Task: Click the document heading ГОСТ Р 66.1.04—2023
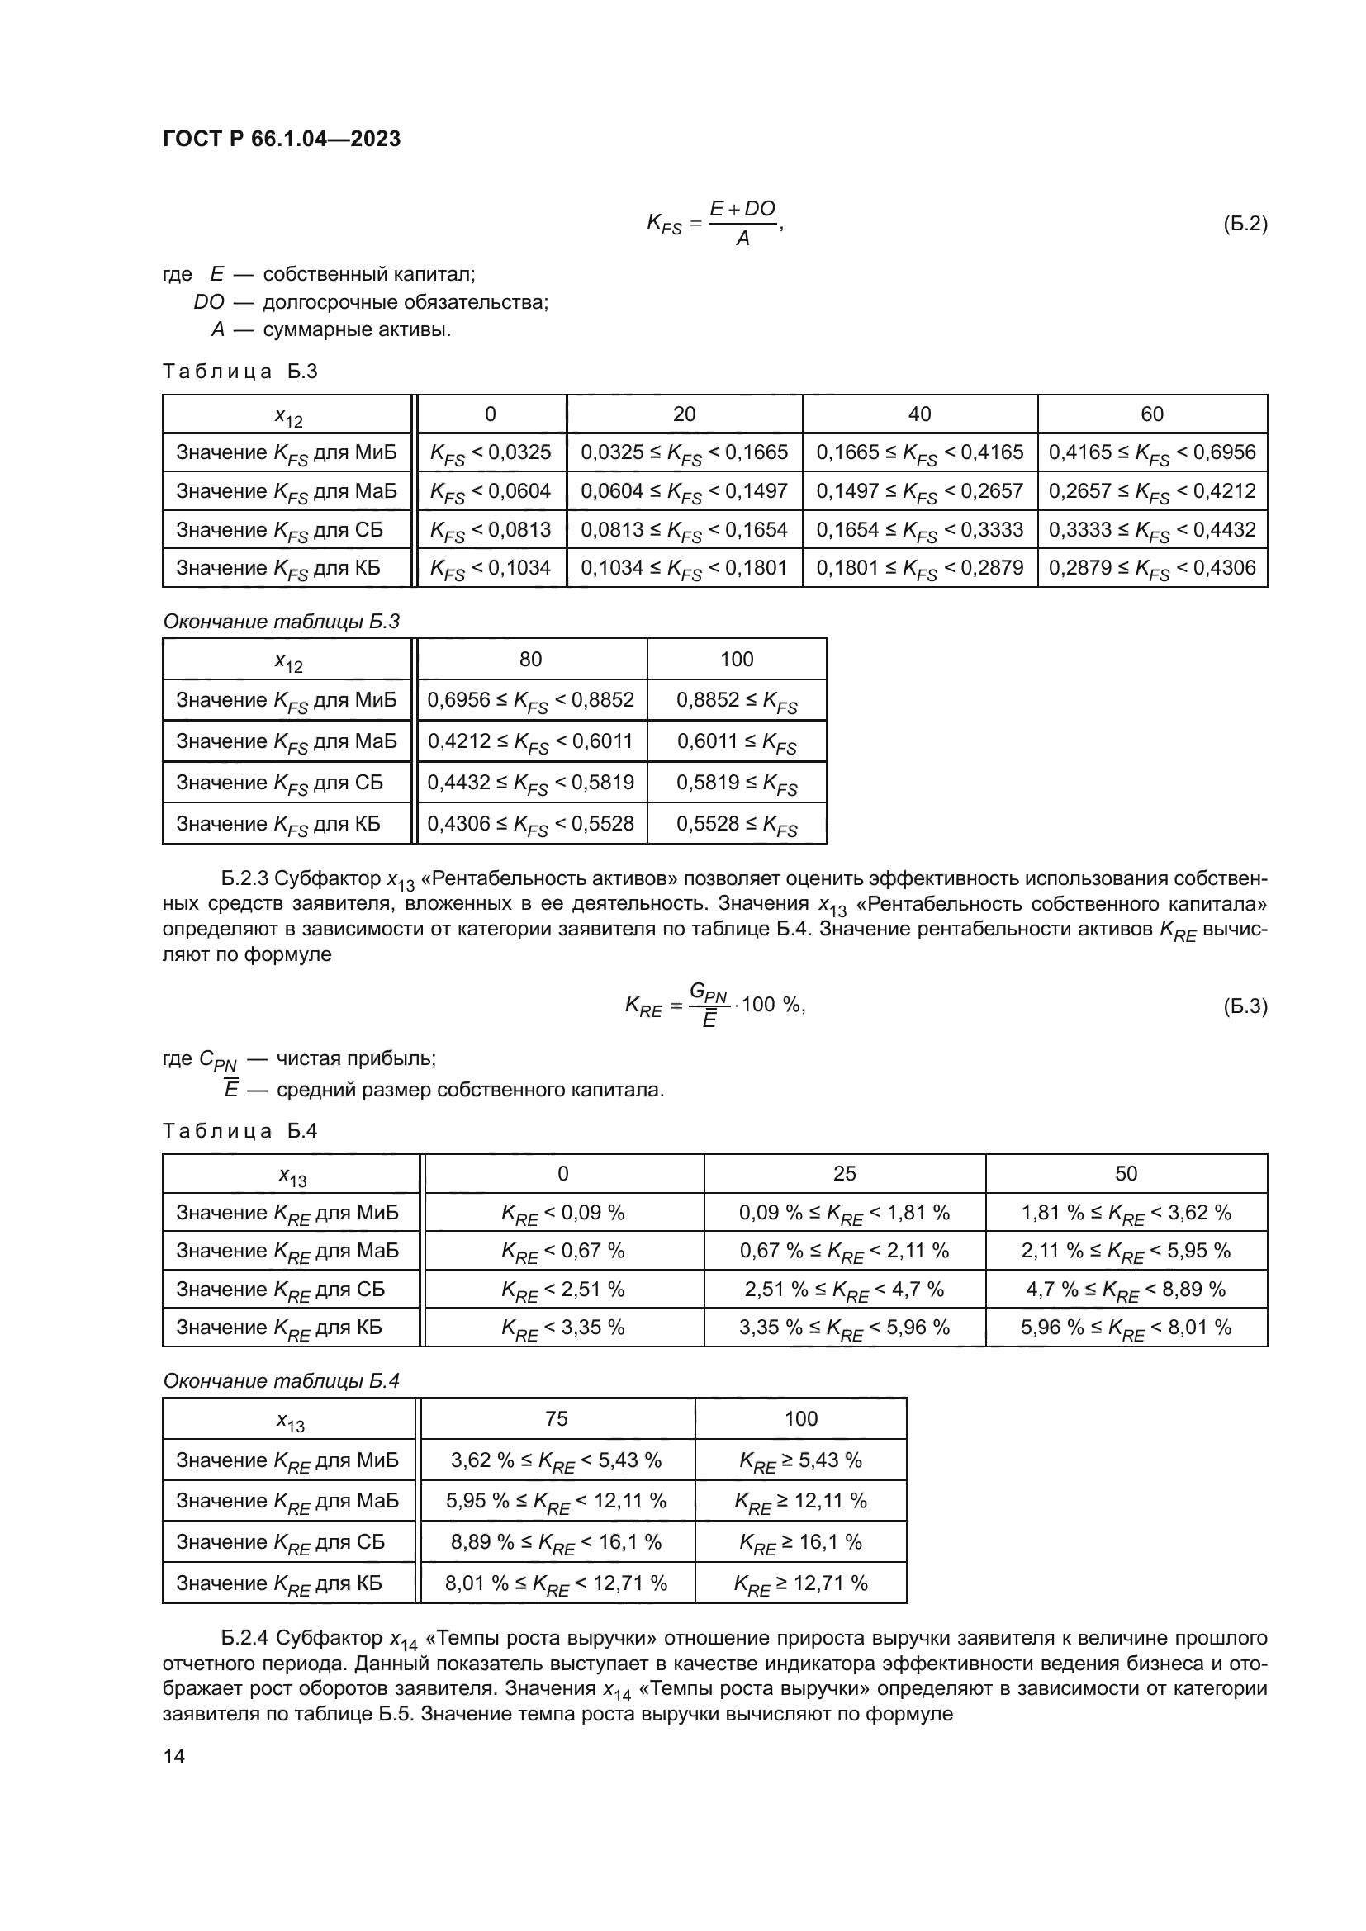click(281, 139)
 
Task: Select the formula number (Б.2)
click(1244, 224)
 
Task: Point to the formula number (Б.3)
click(1244, 1006)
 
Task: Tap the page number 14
click(173, 1756)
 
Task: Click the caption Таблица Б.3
click(240, 372)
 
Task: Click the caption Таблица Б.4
click(240, 1130)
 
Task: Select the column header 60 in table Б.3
click(1151, 414)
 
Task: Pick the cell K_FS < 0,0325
click(491, 452)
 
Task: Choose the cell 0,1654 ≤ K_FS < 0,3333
click(919, 530)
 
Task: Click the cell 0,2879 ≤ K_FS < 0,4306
click(1151, 569)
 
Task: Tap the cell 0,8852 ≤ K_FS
click(736, 701)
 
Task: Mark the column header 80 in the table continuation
click(530, 660)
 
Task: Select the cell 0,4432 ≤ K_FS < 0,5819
click(530, 783)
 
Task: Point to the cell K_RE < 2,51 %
click(562, 1290)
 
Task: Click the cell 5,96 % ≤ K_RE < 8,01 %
click(1126, 1328)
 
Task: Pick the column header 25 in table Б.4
click(844, 1174)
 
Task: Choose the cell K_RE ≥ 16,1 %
click(800, 1542)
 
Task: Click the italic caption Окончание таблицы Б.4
click(281, 1381)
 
